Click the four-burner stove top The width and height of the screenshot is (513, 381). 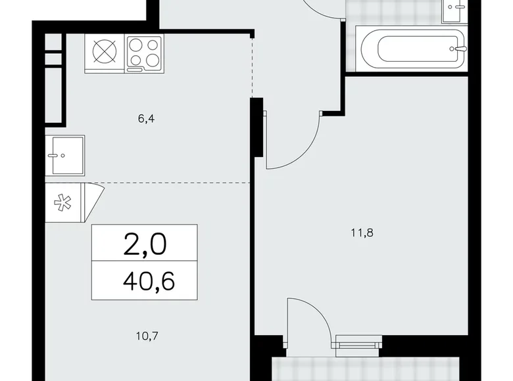145,52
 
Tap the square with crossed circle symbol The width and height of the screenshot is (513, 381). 104,52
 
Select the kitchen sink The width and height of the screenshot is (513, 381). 65,156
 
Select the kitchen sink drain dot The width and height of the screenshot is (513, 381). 61,156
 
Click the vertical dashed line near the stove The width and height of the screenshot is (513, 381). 253,66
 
